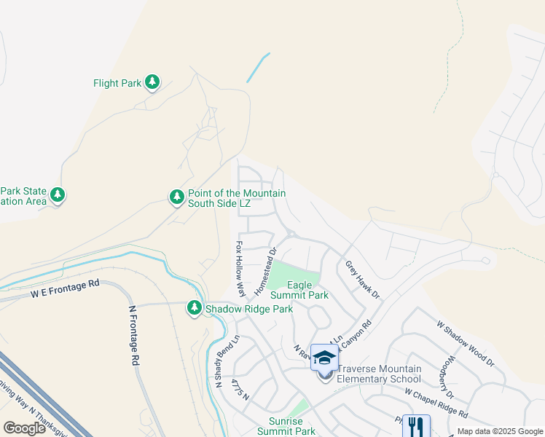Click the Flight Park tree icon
tap(152, 82)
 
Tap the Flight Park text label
tap(117, 84)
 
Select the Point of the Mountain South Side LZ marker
tap(176, 197)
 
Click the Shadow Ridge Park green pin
tap(195, 308)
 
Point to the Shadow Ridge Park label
tap(248, 310)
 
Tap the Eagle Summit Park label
tap(299, 290)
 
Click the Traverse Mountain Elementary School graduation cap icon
tap(325, 358)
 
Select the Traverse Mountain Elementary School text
tap(378, 374)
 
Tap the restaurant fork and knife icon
tap(416, 426)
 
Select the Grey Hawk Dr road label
tap(362, 280)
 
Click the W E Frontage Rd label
tap(64, 291)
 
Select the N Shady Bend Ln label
tap(227, 361)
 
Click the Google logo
tap(25, 428)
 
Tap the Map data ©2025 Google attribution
tap(499, 431)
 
